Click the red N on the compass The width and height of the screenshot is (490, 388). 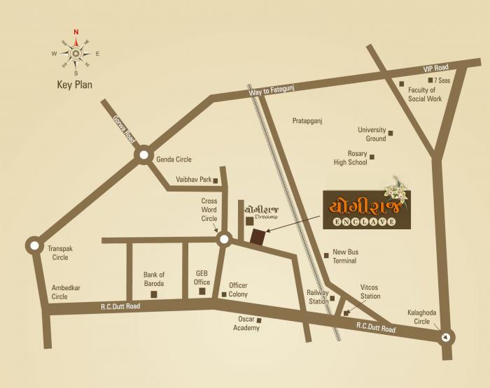point(76,31)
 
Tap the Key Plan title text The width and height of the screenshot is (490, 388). point(76,86)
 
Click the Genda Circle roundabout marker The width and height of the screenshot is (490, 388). point(144,155)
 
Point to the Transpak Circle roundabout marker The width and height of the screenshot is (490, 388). point(34,245)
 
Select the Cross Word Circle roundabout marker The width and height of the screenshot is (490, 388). point(224,240)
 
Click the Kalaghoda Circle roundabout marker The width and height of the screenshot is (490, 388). point(446,338)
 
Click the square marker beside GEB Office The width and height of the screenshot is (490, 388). point(202,291)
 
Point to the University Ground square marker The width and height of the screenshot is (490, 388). point(391,133)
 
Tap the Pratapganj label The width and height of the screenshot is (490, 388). point(306,121)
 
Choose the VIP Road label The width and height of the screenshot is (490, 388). point(435,69)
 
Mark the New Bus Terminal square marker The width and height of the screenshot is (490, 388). point(326,254)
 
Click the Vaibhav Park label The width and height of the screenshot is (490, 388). point(195,180)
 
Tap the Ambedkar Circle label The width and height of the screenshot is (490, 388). point(69,292)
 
